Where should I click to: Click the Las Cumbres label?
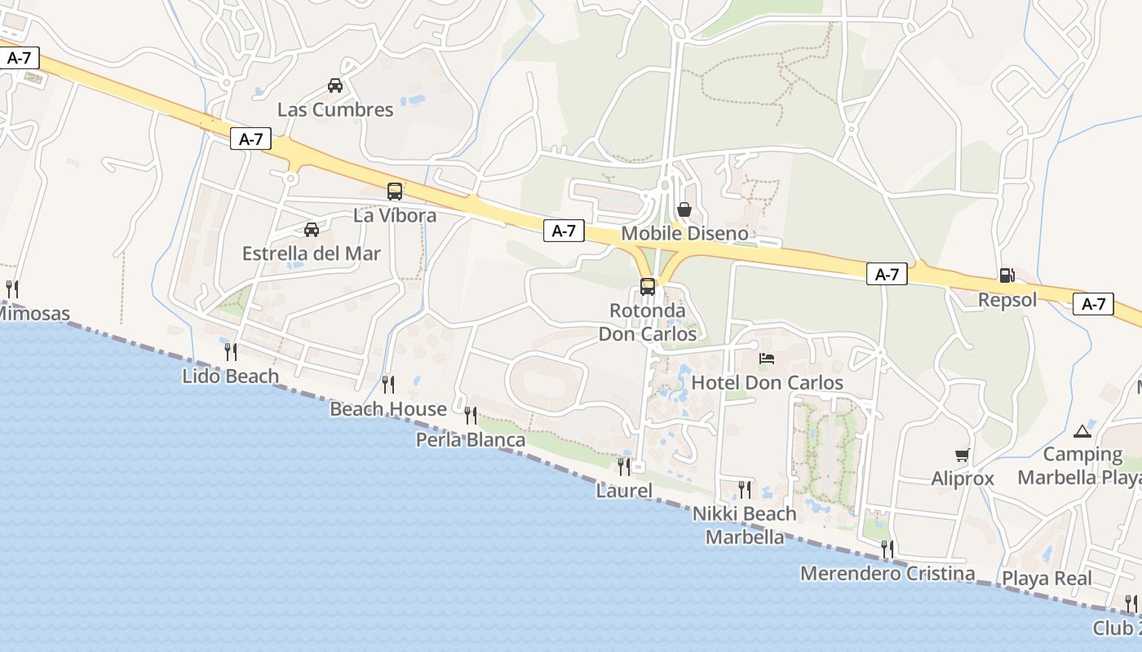(x=335, y=109)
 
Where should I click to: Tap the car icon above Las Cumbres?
(x=334, y=85)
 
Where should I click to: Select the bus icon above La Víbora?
(x=395, y=192)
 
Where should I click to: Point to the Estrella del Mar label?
(x=312, y=253)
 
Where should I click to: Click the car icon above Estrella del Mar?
(x=312, y=229)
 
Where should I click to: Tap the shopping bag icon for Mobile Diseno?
(x=684, y=209)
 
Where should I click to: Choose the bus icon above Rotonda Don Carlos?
(x=648, y=287)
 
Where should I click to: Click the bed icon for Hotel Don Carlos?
(x=767, y=358)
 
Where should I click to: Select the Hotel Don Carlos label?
(x=767, y=382)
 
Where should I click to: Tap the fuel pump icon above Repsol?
(x=1007, y=275)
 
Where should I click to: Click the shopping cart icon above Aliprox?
(x=963, y=455)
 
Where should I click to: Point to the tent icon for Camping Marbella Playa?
(x=1082, y=430)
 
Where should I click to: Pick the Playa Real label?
(x=1047, y=579)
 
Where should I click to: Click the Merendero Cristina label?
(x=887, y=574)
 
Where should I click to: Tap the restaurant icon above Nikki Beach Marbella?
(x=745, y=489)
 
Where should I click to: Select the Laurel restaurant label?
(x=624, y=491)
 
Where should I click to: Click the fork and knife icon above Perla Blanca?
(x=471, y=416)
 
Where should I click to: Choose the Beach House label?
(x=388, y=409)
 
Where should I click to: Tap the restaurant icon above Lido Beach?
(x=231, y=352)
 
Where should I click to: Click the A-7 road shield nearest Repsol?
(x=1093, y=304)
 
